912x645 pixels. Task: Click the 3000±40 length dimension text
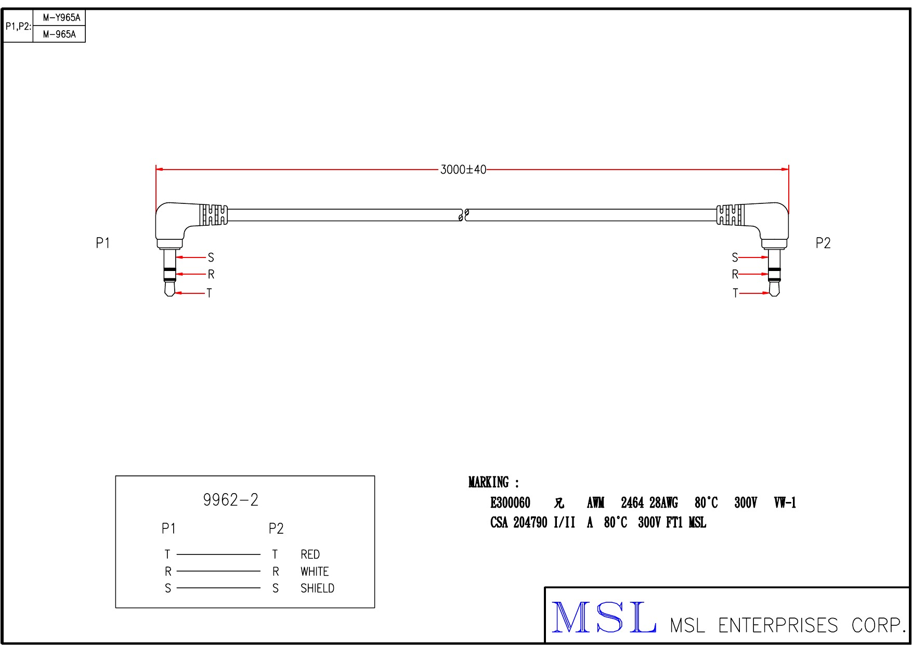[463, 170]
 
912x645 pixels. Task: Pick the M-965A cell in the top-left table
[59, 34]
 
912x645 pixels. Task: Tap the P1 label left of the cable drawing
[103, 243]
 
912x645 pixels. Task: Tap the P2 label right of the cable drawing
[823, 243]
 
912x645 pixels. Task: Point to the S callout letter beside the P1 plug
[211, 257]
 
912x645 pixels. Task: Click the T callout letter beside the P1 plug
[209, 293]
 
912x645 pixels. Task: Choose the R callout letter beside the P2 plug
[735, 274]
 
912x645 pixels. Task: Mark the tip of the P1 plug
[170, 296]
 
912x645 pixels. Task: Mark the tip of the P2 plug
[775, 296]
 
